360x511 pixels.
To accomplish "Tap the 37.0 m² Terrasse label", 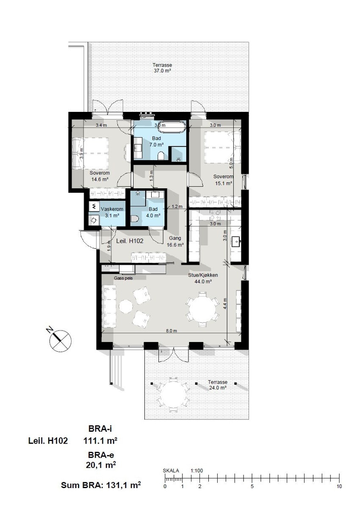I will coord(163,68).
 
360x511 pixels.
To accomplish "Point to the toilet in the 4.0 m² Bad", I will coord(135,219).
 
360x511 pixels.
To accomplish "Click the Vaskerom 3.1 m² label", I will coord(112,212).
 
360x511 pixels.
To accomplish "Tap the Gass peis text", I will coord(123,278).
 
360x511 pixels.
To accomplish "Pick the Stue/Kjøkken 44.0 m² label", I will coord(200,278).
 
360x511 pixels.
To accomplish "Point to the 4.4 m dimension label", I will coord(225,303).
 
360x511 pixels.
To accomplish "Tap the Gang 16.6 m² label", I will coord(175,242).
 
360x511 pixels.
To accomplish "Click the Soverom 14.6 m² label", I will coord(100,176).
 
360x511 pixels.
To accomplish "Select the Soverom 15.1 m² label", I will coord(223,180).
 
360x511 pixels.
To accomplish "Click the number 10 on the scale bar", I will coord(339,486).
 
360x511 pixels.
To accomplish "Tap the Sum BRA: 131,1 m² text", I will coord(101,486).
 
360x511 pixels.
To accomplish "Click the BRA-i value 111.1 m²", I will coord(101,441).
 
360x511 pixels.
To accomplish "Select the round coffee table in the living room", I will coord(125,306).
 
